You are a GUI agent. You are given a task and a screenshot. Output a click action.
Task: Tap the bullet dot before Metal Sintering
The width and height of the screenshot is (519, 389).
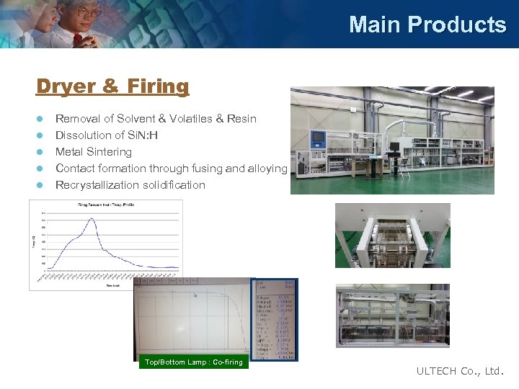click(41, 152)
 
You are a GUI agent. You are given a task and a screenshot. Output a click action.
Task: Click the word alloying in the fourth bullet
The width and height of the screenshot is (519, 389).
click(267, 169)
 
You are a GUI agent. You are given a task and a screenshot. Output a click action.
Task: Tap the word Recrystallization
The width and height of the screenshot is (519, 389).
click(101, 185)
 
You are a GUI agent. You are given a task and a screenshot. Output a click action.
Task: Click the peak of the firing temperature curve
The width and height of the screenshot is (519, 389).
click(92, 219)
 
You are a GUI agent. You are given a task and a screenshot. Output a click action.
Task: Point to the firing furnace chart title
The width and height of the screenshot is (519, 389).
click(107, 205)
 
